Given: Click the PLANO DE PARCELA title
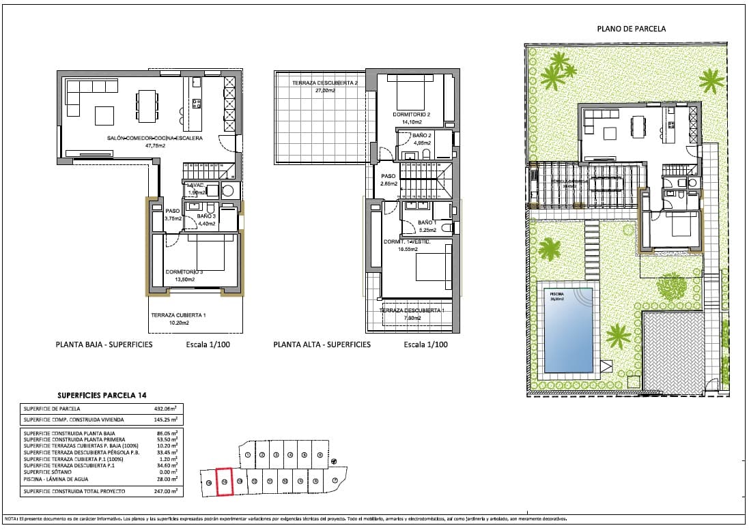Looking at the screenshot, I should (x=631, y=29).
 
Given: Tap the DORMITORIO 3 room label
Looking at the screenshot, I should (x=184, y=271).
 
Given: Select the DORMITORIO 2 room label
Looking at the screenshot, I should (x=411, y=114).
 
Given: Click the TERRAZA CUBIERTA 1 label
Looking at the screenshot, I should (x=178, y=315).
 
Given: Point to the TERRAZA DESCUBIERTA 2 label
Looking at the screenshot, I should (x=325, y=83).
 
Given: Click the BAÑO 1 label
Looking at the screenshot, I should (x=427, y=222).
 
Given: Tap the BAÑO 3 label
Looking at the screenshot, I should (x=207, y=216).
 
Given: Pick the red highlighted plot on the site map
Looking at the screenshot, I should (x=225, y=481).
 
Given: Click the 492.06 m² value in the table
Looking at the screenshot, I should (x=165, y=409).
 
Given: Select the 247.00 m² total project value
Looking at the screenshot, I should (x=165, y=490).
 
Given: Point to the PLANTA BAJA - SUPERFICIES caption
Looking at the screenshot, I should (x=104, y=344).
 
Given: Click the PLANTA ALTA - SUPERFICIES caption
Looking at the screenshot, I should (x=322, y=344).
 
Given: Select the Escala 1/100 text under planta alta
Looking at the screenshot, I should (x=425, y=344).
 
